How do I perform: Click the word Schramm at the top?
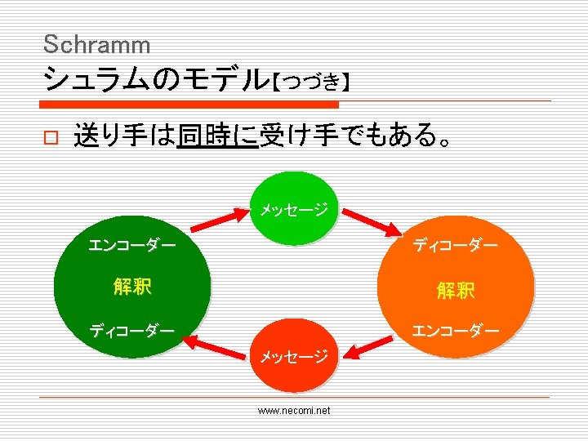coord(96,44)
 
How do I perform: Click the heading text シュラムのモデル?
coord(155,79)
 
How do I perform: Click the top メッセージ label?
coord(294,210)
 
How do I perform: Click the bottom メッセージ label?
coord(294,356)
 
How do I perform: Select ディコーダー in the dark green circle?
coord(131,331)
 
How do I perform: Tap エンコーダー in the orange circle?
coord(455,331)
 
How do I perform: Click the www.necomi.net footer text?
coord(294,411)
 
